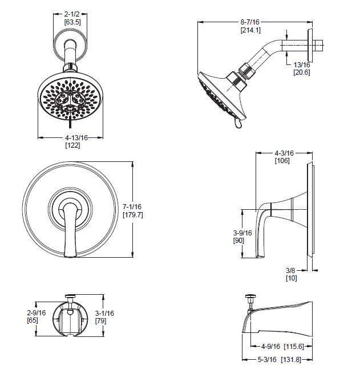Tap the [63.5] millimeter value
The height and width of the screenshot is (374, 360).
[x=72, y=22]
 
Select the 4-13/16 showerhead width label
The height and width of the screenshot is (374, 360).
[x=76, y=137]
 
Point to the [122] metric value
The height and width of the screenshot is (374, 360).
[x=72, y=145]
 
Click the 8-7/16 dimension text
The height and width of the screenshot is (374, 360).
[x=250, y=22]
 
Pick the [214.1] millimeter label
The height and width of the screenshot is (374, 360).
[x=250, y=30]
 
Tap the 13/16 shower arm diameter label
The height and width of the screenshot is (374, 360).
[x=302, y=64]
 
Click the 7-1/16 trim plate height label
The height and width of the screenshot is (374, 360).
[x=132, y=206]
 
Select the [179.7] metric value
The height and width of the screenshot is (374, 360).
[x=133, y=215]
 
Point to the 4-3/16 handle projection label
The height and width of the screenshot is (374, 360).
[x=284, y=153]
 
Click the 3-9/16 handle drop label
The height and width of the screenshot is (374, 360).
[x=242, y=233]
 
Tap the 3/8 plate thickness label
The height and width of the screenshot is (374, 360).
[x=290, y=270]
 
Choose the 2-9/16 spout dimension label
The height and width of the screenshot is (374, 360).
[x=37, y=312]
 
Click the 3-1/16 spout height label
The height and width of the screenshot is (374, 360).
[x=104, y=313]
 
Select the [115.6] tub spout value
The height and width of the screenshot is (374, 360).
[x=294, y=346]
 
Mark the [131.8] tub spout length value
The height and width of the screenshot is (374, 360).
[x=291, y=359]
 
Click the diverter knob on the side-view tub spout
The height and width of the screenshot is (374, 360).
[x=250, y=296]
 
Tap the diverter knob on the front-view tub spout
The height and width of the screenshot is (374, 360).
[x=70, y=296]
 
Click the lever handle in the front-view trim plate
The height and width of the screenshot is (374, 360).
[x=70, y=230]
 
